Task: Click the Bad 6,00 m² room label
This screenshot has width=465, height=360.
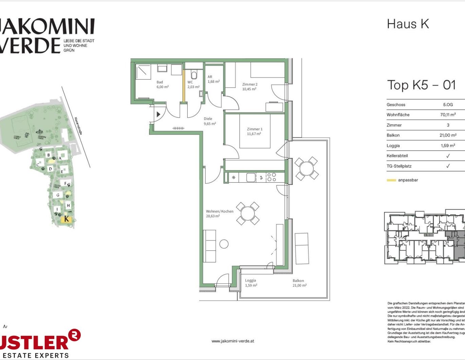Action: pyautogui.click(x=162, y=85)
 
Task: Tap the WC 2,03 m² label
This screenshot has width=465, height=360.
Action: pyautogui.click(x=193, y=85)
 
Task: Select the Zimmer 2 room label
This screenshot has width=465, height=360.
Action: pyautogui.click(x=249, y=87)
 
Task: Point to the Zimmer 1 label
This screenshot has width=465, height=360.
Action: pyautogui.click(x=254, y=131)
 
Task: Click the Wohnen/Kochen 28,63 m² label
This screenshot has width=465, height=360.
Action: pyautogui.click(x=219, y=214)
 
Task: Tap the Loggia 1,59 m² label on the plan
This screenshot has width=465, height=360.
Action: pyautogui.click(x=251, y=283)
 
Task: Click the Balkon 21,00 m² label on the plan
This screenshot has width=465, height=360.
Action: pyautogui.click(x=299, y=283)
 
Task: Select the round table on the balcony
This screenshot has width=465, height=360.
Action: pyautogui.click(x=306, y=168)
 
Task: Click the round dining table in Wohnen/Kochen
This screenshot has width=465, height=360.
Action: pyautogui.click(x=248, y=213)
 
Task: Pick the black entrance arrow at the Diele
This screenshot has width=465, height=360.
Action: pyautogui.click(x=158, y=114)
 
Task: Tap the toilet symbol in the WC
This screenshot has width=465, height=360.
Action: pyautogui.click(x=194, y=74)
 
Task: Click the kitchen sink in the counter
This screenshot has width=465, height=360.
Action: pyautogui.click(x=251, y=177)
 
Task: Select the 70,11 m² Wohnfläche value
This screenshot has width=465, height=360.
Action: pyautogui.click(x=448, y=115)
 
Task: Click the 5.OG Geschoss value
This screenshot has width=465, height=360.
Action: pyautogui.click(x=448, y=105)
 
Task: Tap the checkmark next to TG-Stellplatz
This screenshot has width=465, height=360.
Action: pyautogui.click(x=448, y=166)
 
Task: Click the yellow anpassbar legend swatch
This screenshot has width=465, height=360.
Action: pyautogui.click(x=391, y=180)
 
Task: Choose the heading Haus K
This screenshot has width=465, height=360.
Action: pyautogui.click(x=408, y=24)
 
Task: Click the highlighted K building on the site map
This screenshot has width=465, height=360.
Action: pyautogui.click(x=66, y=219)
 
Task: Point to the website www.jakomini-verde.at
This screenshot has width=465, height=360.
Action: pyautogui.click(x=232, y=341)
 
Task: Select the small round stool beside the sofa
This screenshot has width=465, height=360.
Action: pyautogui.click(x=224, y=244)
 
